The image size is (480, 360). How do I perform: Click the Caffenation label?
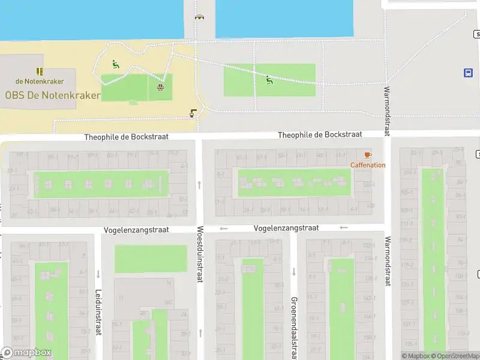click(x=368, y=165)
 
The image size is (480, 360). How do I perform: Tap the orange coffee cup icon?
click(x=368, y=155)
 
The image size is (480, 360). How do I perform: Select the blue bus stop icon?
click(x=468, y=73)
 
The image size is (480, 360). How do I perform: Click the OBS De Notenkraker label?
click(x=53, y=95)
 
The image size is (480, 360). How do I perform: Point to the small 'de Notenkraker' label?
click(x=40, y=81)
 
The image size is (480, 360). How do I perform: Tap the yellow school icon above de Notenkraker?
click(x=40, y=71)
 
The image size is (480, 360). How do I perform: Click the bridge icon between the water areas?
click(x=199, y=17)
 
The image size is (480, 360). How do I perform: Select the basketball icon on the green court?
click(x=160, y=88)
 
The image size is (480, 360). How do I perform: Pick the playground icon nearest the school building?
click(x=115, y=64)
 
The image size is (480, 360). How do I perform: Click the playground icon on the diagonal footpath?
click(x=269, y=79)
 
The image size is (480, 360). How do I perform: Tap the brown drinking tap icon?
click(x=193, y=112)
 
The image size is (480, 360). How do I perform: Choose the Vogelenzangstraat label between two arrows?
click(x=286, y=228)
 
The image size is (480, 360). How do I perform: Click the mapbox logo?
click(x=26, y=353)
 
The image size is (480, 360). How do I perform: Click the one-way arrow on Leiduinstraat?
click(x=98, y=274)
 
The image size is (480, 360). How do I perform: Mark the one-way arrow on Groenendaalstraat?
click(x=294, y=272)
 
